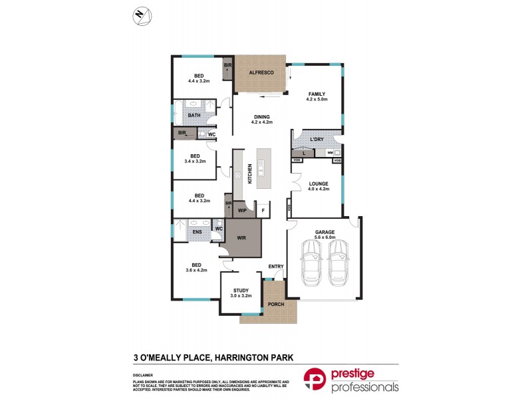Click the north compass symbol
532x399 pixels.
pyautogui.click(x=140, y=14)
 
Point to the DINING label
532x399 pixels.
pyautogui.click(x=261, y=116)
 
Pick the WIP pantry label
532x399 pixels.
pyautogui.click(x=242, y=211)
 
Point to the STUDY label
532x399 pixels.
pyautogui.click(x=241, y=290)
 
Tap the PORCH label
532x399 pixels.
pyautogui.click(x=275, y=305)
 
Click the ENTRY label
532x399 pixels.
pyautogui.click(x=275, y=267)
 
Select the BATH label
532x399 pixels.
pyautogui.click(x=194, y=116)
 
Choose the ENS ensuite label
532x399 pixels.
pyautogui.click(x=196, y=231)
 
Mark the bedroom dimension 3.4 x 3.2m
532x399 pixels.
pyautogui.click(x=196, y=161)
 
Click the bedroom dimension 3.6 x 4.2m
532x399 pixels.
pyautogui.click(x=197, y=270)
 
